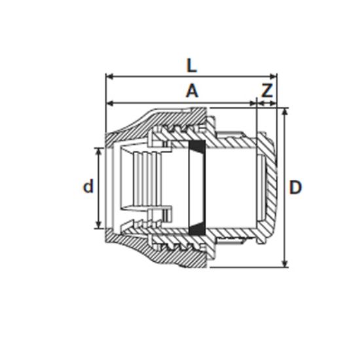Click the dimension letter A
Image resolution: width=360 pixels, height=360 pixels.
[191, 91]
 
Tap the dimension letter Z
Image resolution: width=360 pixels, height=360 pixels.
[266, 91]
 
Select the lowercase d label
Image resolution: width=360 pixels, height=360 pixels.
[88, 187]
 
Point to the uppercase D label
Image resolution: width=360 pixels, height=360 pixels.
[296, 188]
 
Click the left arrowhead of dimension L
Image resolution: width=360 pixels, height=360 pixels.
[109, 77]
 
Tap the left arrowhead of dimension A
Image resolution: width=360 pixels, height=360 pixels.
[109, 103]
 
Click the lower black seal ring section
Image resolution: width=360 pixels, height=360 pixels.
[196, 229]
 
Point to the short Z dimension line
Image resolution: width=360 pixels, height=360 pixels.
[266, 103]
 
